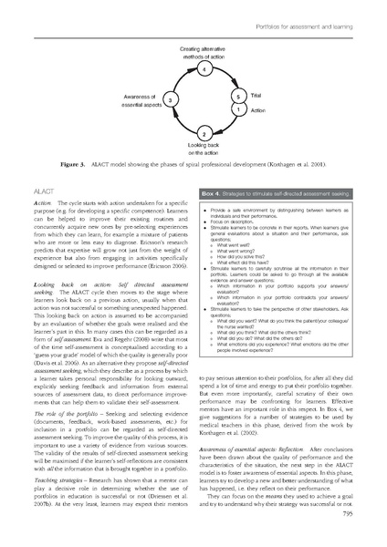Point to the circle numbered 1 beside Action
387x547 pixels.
(x=237, y=109)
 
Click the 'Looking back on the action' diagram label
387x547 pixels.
(x=204, y=150)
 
